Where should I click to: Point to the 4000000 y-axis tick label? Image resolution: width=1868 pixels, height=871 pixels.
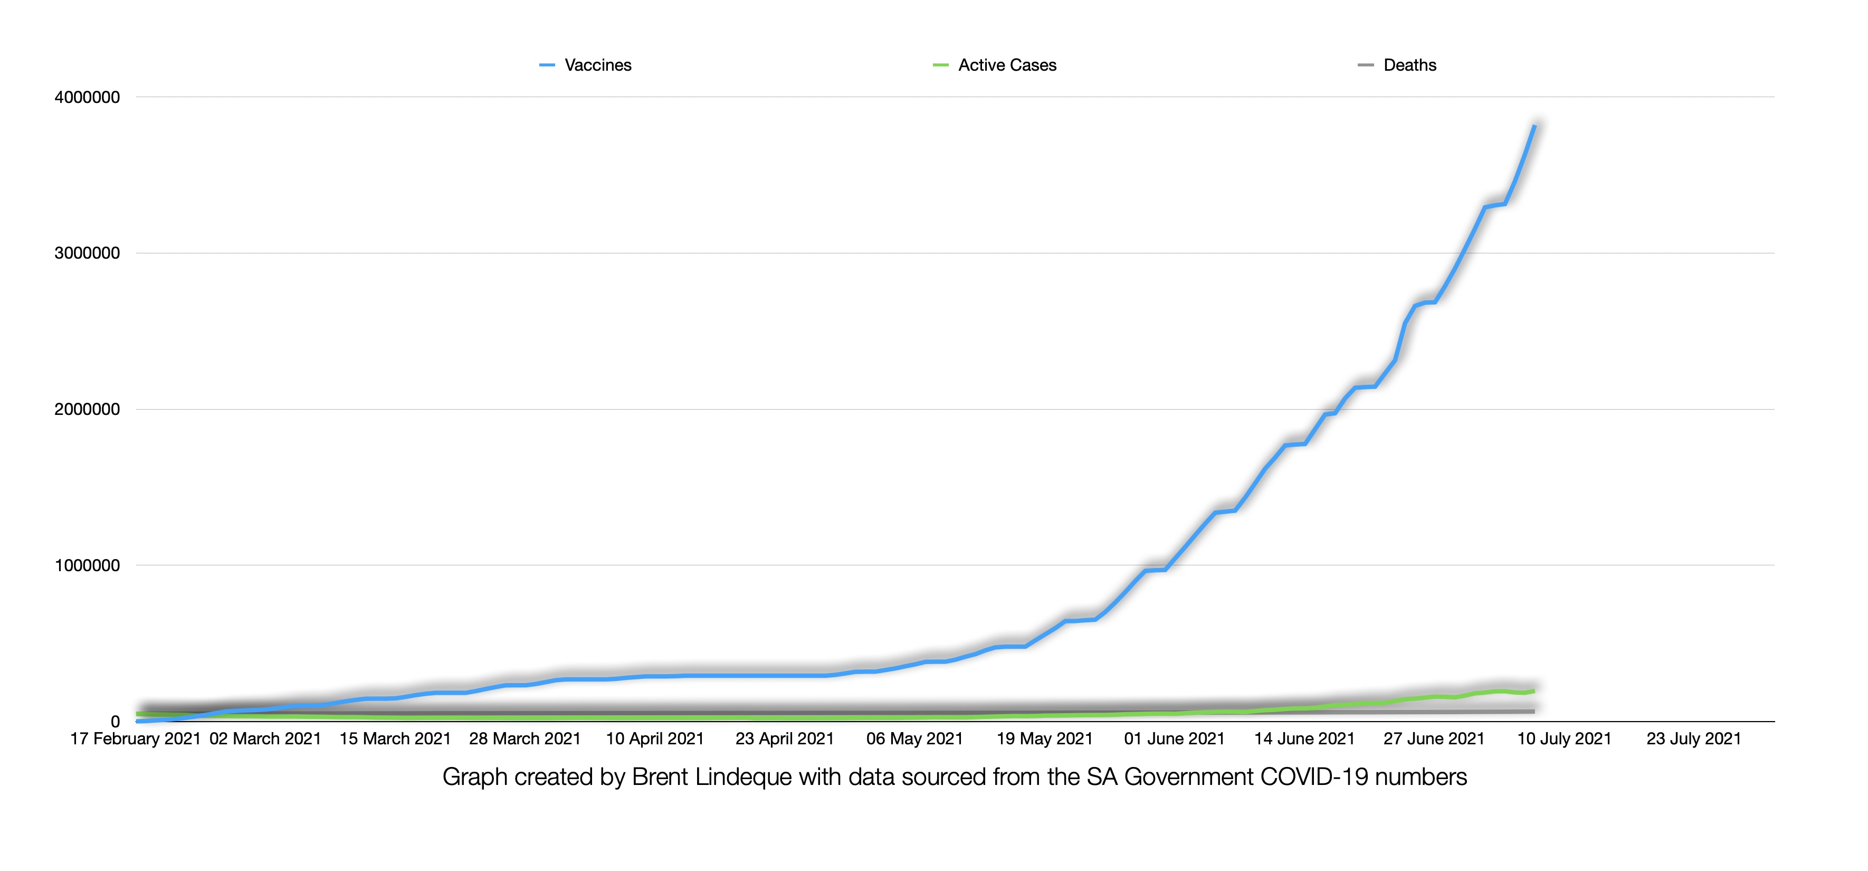click(87, 97)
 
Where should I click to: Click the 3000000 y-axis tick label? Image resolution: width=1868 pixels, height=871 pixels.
click(87, 253)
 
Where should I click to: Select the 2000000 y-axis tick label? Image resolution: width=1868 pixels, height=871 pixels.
click(87, 409)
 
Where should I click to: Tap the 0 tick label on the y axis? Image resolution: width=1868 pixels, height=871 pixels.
click(116, 722)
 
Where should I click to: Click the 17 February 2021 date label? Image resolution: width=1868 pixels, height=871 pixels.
click(135, 739)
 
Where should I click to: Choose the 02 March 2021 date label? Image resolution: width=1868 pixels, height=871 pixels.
click(265, 739)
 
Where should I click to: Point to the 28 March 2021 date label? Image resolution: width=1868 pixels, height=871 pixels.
click(525, 739)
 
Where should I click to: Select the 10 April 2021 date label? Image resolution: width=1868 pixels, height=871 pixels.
click(655, 739)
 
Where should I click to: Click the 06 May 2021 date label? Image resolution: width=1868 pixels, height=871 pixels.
click(914, 739)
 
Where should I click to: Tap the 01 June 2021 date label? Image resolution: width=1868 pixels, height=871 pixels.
click(1174, 739)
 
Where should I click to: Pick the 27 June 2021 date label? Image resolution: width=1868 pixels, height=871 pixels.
click(1434, 739)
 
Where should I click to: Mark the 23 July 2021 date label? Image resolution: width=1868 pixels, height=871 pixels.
click(1693, 739)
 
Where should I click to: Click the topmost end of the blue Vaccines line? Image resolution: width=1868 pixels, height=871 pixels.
click(1535, 126)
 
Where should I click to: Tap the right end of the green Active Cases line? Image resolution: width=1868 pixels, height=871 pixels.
click(1533, 691)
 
